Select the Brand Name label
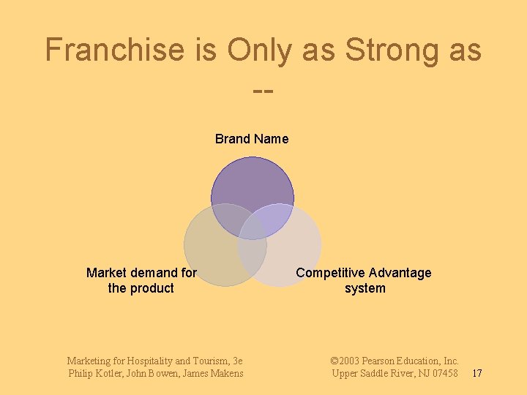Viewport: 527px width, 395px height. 252,139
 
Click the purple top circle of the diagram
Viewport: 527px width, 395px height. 252,187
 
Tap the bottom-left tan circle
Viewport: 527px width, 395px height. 212,252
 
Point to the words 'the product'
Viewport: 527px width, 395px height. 141,288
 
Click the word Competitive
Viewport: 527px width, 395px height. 330,273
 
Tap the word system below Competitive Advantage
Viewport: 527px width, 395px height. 365,288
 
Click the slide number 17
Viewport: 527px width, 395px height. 476,374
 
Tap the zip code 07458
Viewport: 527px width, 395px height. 443,374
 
